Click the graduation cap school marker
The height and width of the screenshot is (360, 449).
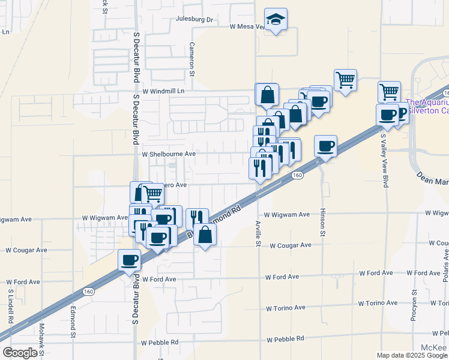pos(276,20)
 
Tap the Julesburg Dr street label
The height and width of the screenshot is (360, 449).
pos(194,19)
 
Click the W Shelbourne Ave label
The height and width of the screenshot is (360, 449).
pos(169,154)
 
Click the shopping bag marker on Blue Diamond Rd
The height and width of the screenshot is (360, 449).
pos(205,235)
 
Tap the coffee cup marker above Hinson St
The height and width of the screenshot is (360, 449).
pos(325,145)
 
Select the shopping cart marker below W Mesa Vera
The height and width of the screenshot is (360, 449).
pos(345,79)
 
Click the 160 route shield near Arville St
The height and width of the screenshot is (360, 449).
pos(297,175)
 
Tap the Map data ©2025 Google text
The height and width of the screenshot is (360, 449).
pos(412,355)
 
